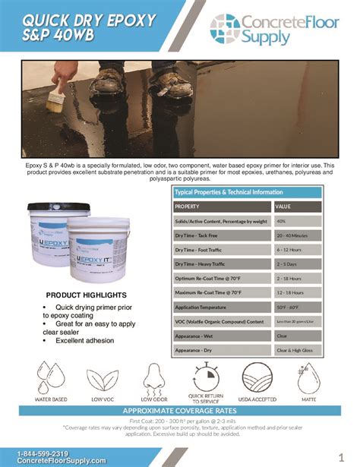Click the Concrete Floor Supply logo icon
pyautogui.click(x=225, y=30)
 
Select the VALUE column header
pyautogui.click(x=283, y=207)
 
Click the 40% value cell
pyautogui.click(x=282, y=221)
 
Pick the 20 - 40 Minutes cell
pyautogui.click(x=292, y=235)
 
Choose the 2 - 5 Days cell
pyautogui.click(x=287, y=264)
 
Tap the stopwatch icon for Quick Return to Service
pyautogui.click(x=205, y=377)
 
